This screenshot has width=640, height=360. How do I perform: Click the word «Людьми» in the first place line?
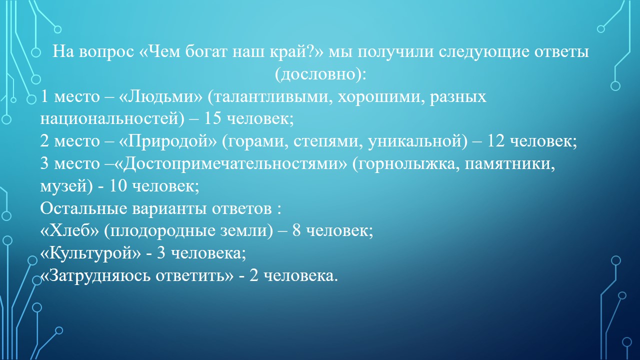click(160, 96)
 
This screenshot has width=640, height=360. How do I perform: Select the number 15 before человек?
click(212, 118)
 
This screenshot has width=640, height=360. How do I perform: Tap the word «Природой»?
click(167, 141)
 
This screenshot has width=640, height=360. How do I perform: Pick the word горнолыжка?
click(405, 164)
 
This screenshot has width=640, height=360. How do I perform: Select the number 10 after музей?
click(118, 185)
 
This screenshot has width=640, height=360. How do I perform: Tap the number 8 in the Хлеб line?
click(296, 230)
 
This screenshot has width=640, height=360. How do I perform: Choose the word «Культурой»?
click(90, 253)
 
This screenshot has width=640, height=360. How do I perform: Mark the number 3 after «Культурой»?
click(161, 253)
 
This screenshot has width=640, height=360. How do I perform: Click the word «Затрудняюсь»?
click(95, 275)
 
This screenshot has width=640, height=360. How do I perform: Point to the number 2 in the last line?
click(253, 275)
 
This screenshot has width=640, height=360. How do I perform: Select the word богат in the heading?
click(206, 51)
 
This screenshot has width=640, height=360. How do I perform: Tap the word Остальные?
click(83, 208)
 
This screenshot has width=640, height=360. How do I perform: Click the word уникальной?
click(417, 141)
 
